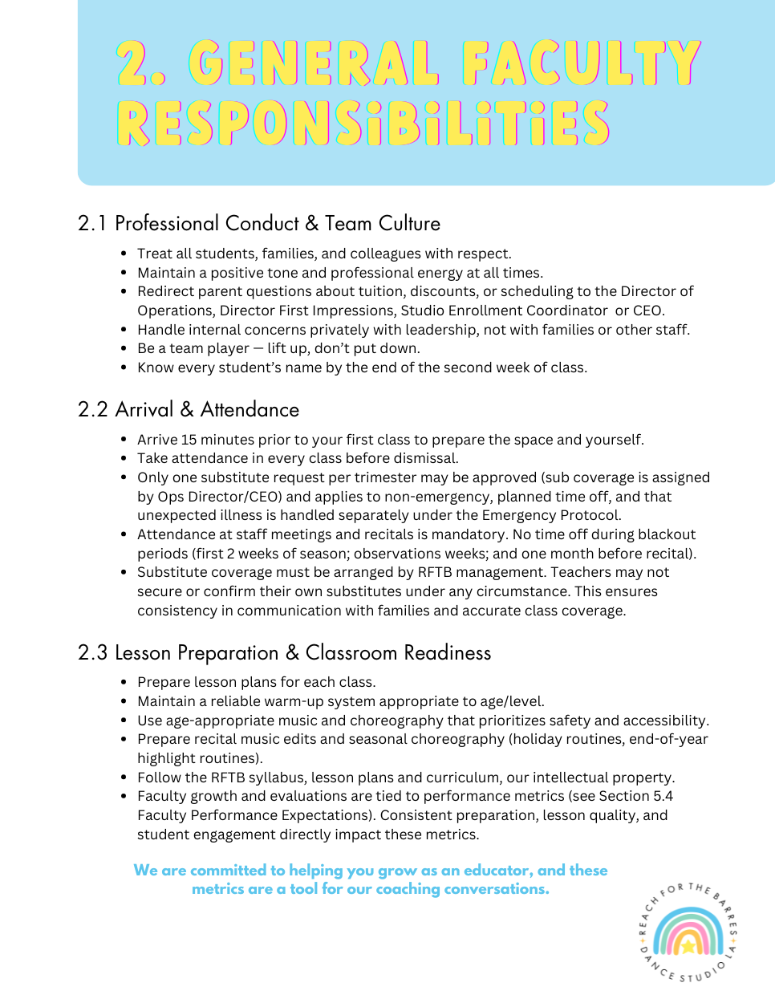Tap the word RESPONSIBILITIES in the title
click(x=363, y=123)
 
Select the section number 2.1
click(x=92, y=224)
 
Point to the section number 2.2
click(x=93, y=410)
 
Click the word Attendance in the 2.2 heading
click(x=250, y=410)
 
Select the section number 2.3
click(x=93, y=653)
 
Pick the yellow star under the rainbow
click(x=688, y=947)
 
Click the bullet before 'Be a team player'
click(x=124, y=348)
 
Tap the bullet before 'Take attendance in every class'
click(x=124, y=458)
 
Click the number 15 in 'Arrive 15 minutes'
click(x=189, y=440)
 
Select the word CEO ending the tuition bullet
click(x=648, y=311)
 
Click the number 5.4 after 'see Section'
click(x=663, y=796)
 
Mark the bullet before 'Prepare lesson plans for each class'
click(x=124, y=682)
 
